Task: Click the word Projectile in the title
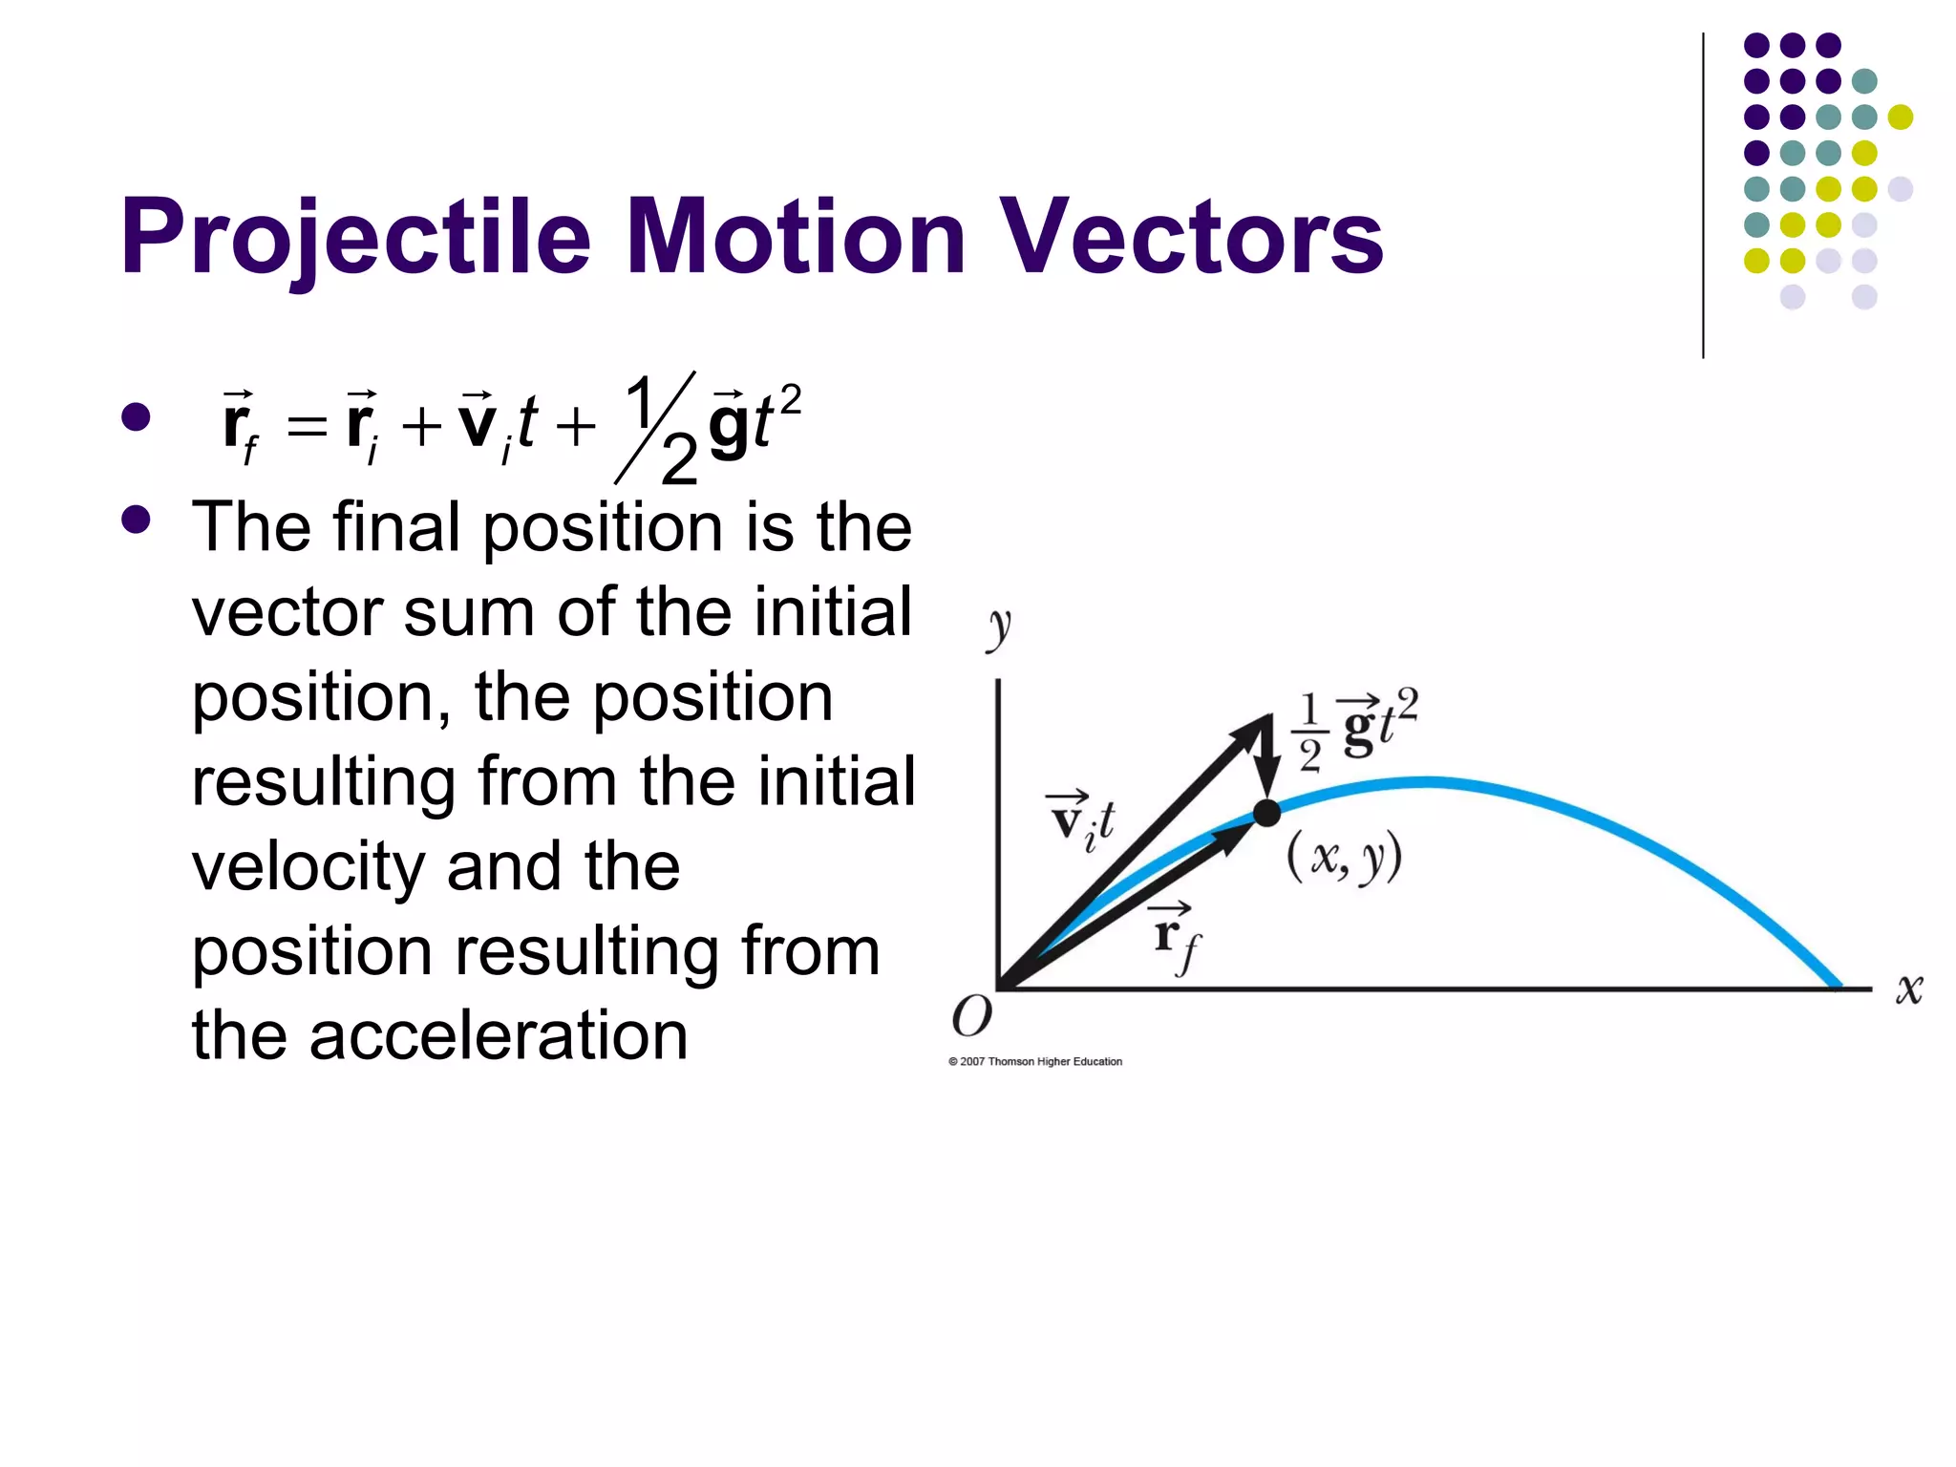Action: [x=355, y=237]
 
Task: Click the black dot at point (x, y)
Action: [x=1266, y=813]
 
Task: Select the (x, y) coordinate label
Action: [x=1344, y=857]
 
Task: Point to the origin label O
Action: [x=971, y=1016]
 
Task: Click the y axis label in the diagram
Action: [x=998, y=628]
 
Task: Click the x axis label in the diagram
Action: [x=1908, y=989]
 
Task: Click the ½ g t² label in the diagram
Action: [x=1356, y=728]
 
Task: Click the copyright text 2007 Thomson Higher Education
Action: [x=1035, y=1061]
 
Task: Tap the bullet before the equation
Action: [x=137, y=417]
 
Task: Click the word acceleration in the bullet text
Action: [x=498, y=1036]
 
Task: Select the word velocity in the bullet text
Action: [x=308, y=866]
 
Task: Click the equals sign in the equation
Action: [x=307, y=426]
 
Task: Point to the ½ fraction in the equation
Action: [x=658, y=427]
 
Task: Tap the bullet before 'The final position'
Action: [x=137, y=520]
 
